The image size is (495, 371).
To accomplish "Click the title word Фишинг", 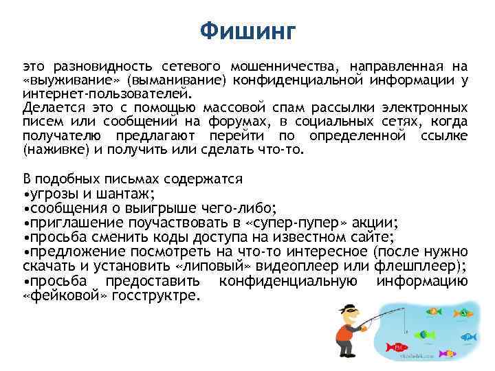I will click(x=247, y=31).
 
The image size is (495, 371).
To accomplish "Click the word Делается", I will click(x=52, y=108).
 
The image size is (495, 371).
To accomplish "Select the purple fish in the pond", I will click(x=449, y=353).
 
